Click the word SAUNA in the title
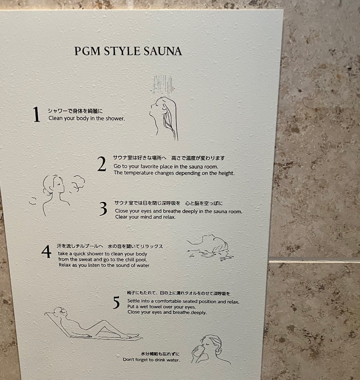[x=163, y=51]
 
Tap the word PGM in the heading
[x=87, y=51]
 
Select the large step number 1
[x=36, y=114]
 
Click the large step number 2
[x=102, y=164]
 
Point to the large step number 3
[x=103, y=209]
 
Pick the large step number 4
[x=46, y=251]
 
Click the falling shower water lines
[x=163, y=85]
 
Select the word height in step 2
[x=226, y=173]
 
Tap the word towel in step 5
[x=155, y=307]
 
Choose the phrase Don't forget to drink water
[x=151, y=360]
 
